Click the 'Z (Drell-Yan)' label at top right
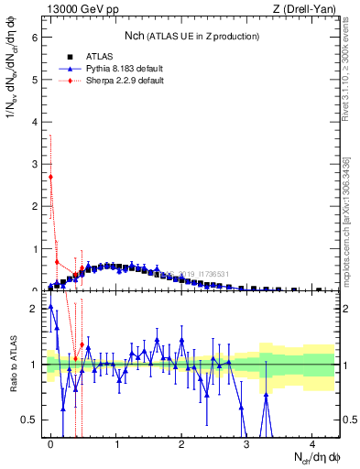tap(308, 9)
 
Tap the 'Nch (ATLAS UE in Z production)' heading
tap(191, 36)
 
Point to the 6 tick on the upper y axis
tap(38, 38)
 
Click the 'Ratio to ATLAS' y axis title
tap(13, 364)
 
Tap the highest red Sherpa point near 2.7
tap(51, 177)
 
